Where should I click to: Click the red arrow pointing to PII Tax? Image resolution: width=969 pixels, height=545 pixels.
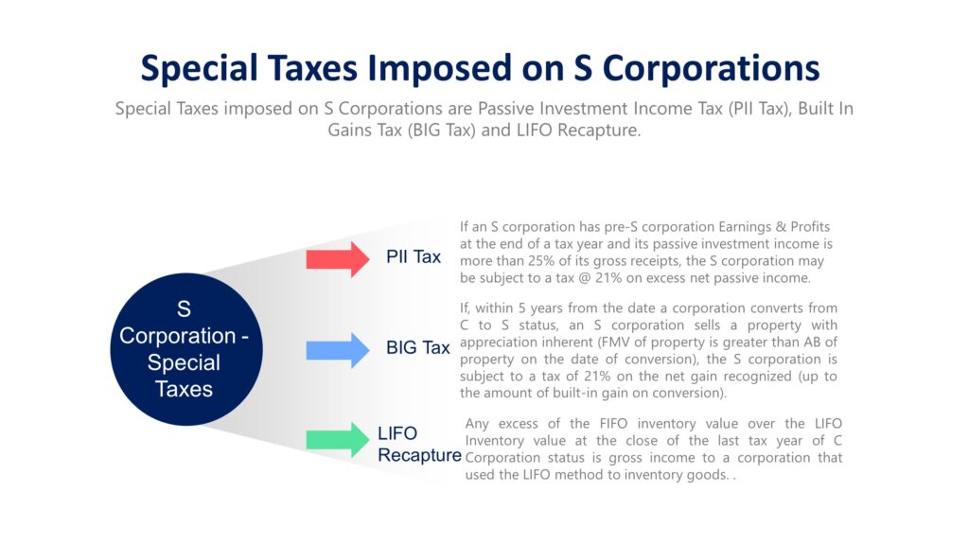337,258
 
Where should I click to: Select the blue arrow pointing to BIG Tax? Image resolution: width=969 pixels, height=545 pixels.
337,349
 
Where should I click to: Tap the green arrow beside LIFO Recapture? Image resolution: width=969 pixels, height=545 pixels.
337,440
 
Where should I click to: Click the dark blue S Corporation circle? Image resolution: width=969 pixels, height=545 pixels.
185,348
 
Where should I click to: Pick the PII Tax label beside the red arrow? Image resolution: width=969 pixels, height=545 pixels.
414,256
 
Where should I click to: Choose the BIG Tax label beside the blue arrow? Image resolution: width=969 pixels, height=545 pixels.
417,347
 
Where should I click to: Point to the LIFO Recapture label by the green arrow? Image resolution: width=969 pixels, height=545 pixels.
419,445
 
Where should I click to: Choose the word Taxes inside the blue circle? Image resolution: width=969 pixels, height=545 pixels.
185,389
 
